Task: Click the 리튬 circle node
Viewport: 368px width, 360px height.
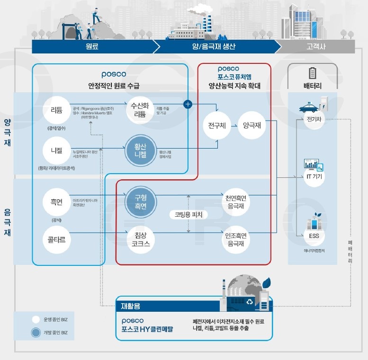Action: [x=56, y=110]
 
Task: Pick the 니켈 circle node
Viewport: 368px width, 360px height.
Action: [x=56, y=150]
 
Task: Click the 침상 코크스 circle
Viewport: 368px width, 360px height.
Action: [x=138, y=239]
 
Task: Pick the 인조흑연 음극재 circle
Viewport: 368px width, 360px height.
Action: [x=235, y=239]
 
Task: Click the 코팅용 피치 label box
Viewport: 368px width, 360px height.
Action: [x=188, y=214]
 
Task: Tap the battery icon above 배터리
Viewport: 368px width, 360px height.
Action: [x=313, y=73]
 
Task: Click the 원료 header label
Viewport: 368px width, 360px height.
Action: [x=92, y=47]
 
